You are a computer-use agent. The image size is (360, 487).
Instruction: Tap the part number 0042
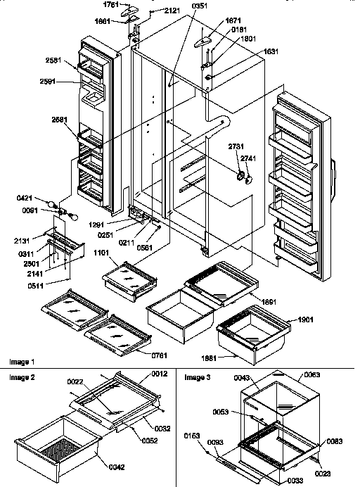pyautogui.click(x=117, y=465)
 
